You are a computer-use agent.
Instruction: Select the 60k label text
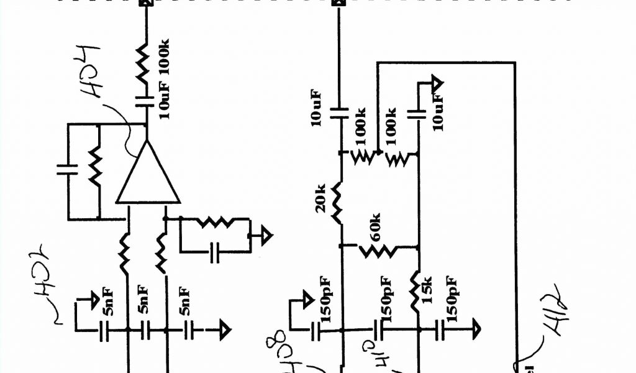tap(376, 229)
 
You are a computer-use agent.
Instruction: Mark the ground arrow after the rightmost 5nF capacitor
tap(223, 329)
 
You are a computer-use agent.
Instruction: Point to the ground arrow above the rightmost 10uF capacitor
tap(436, 83)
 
